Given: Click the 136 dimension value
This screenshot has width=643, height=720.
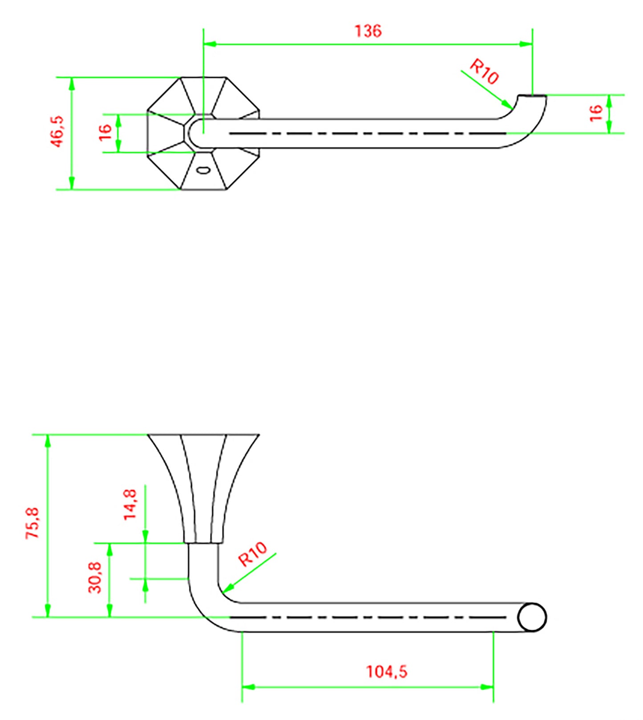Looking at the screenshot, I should pos(368,31).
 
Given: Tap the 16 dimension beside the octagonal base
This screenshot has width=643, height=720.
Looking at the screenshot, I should pos(105,133).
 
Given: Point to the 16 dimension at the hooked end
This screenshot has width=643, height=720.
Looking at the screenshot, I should pos(595,113).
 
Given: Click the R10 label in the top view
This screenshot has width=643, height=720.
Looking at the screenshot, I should pos(484,72).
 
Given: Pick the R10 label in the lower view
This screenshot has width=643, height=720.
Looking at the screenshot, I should pos(252,554).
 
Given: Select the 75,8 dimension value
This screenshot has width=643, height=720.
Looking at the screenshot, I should pos(33,523).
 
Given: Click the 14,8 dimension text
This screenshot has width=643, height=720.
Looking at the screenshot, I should pos(130,505).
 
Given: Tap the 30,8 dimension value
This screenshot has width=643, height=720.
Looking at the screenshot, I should pos(95,577).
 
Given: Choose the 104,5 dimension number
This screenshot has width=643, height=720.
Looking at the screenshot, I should pos(386,671).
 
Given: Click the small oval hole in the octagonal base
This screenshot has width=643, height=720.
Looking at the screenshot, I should pos(203,170).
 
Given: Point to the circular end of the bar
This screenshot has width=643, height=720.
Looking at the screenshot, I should pos(532,617).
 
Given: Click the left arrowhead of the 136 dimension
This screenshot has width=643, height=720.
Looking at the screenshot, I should pos(209,44).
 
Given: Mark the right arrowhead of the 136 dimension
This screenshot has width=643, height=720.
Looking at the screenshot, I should pos(526,44).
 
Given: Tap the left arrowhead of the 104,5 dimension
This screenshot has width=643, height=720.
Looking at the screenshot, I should pos(248,687).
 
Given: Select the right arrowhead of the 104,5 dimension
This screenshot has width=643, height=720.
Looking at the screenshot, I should pos(488,687).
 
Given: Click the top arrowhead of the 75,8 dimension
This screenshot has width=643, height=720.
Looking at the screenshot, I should pos(48,441).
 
